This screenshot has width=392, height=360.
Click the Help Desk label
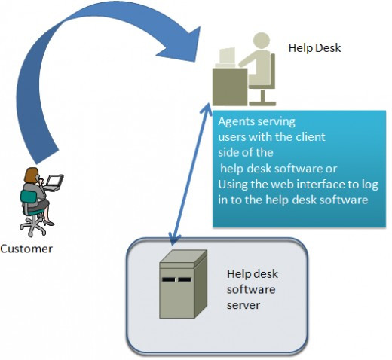point(314,48)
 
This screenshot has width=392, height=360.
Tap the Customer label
point(26,249)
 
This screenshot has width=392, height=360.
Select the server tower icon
point(183,288)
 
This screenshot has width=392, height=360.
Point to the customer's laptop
point(55,181)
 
